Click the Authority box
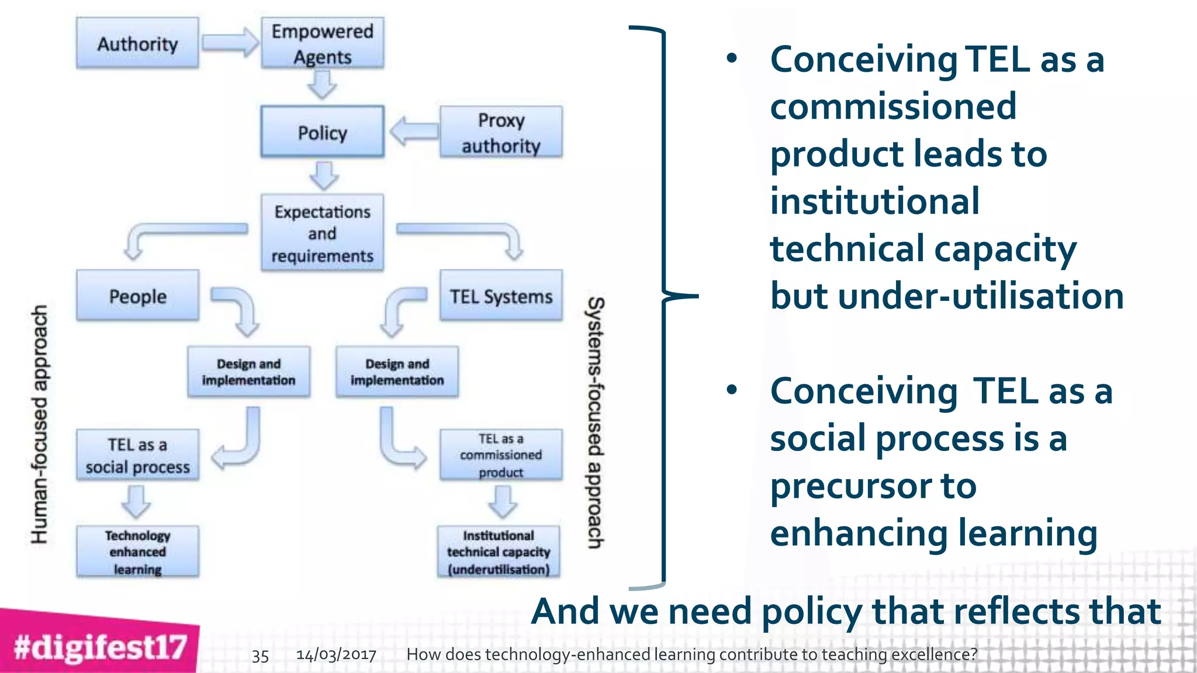[x=137, y=43]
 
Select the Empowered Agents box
[x=322, y=43]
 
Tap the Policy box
[x=322, y=132]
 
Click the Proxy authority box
[x=501, y=132]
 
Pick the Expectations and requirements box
[x=322, y=233]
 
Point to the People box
[x=137, y=296]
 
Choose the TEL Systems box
[x=501, y=296]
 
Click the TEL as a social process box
[x=137, y=455]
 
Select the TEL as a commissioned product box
[x=501, y=455]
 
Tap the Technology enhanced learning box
[x=137, y=551]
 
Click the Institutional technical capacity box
[x=499, y=551]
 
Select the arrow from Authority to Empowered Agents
[x=230, y=43]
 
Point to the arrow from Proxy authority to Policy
[x=413, y=131]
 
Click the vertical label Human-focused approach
[x=39, y=424]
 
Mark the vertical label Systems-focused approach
[x=596, y=422]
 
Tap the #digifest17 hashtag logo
[x=99, y=646]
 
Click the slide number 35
[x=260, y=655]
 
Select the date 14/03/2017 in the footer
[x=336, y=654]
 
